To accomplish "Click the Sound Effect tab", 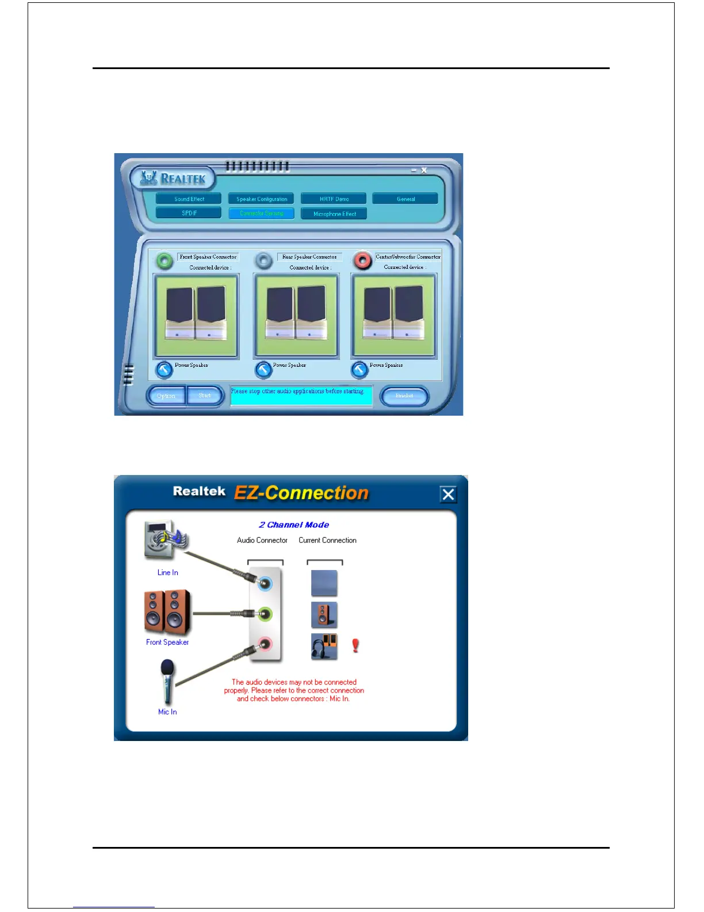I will coord(189,199).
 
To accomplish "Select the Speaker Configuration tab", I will coord(262,199).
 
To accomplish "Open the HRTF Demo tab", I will coord(334,199).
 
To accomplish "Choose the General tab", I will coord(405,199).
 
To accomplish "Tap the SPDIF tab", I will coord(189,213).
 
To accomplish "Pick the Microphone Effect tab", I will coord(334,214).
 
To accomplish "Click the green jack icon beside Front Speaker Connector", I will coord(164,261).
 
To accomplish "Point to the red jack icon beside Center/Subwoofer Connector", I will coord(362,261).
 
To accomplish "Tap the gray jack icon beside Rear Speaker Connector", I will coord(264,261).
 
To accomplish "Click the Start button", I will coord(205,396).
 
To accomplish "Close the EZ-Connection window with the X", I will coord(448,494).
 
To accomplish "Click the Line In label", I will coord(167,572).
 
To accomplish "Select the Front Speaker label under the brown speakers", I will coord(167,642).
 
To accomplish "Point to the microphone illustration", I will coord(167,682).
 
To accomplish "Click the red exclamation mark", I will coord(355,645).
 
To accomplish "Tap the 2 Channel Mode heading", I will coord(294,525).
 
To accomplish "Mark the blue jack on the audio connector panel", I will coord(265,584).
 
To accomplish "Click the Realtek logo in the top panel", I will coord(173,178).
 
